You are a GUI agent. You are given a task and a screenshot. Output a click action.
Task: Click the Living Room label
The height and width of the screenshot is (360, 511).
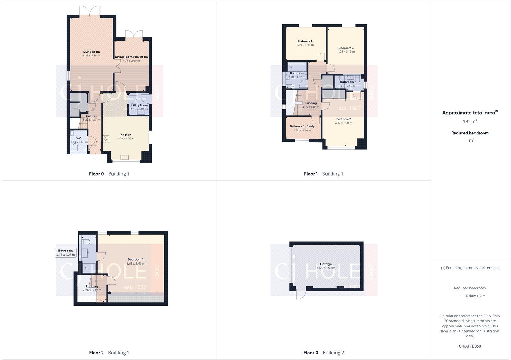pyautogui.click(x=91, y=52)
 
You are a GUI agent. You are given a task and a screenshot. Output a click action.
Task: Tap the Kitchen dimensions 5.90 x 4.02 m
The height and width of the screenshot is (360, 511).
pyautogui.click(x=126, y=139)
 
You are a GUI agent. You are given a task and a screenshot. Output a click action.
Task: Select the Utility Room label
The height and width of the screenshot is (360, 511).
pyautogui.click(x=139, y=105)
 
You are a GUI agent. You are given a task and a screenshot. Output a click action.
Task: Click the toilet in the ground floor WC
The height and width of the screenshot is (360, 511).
pyautogui.click(x=76, y=147)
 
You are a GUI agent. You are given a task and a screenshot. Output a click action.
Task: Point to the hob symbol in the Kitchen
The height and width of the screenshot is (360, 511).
pyautogui.click(x=106, y=139)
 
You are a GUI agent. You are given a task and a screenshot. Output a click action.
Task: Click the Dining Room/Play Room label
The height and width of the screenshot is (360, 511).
pyautogui.click(x=131, y=57)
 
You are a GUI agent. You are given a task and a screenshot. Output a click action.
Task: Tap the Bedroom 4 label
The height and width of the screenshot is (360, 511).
pyautogui.click(x=305, y=41)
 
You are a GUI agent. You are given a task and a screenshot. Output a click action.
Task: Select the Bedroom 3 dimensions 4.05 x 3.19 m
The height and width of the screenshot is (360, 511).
pyautogui.click(x=346, y=52)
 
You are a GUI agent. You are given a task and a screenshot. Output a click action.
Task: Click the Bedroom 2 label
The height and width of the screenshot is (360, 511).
pyautogui.click(x=343, y=119)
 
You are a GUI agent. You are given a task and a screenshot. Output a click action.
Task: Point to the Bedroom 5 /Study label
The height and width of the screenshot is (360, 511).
pyautogui.click(x=302, y=126)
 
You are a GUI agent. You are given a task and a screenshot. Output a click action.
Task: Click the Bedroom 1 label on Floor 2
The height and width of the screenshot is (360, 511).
pyautogui.click(x=135, y=259)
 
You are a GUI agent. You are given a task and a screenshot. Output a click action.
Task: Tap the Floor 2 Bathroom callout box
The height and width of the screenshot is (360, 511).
pyautogui.click(x=66, y=253)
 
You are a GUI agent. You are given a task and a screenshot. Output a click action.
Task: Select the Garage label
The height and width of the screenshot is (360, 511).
pyautogui.click(x=326, y=264)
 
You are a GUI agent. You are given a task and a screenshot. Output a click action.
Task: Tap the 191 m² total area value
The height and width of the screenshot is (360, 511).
pyautogui.click(x=470, y=121)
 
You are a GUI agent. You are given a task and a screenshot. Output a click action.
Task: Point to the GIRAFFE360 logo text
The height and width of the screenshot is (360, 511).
pyautogui.click(x=470, y=346)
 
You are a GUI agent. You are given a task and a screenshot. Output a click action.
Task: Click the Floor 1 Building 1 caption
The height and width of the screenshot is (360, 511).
pyautogui.click(x=324, y=174)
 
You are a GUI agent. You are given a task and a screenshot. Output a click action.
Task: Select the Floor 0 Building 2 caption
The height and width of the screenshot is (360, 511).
pyautogui.click(x=324, y=353)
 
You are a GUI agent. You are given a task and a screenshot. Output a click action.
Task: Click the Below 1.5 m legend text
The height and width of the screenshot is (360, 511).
pyautogui.click(x=476, y=296)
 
